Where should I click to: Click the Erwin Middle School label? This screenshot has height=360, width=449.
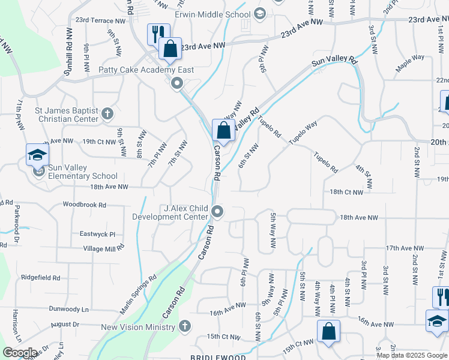tap(213, 14)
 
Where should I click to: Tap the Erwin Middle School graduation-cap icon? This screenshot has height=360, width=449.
tap(260, 13)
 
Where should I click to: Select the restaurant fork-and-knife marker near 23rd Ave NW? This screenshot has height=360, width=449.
tap(158, 33)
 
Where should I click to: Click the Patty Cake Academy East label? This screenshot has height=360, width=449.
tap(146, 70)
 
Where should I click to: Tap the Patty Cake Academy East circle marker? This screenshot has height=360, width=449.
tap(176, 83)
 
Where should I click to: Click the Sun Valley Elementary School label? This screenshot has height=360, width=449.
tap(83, 172)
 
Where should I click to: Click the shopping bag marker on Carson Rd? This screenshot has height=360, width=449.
tap(223, 130)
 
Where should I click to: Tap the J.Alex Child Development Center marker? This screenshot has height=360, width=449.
tap(217, 211)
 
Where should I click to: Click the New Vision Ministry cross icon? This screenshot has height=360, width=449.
tap(185, 326)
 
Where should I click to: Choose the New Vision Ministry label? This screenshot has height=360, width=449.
tap(138, 327)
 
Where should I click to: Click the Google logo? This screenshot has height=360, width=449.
tap(20, 353)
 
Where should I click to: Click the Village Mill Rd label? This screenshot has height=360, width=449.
tap(103, 248)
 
